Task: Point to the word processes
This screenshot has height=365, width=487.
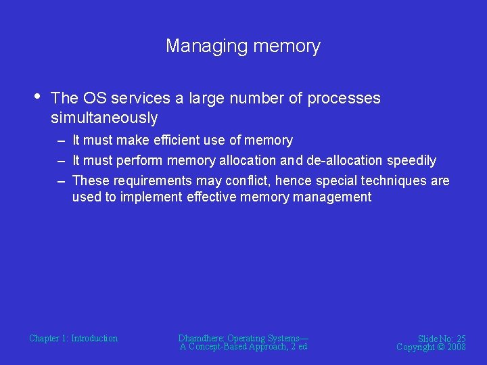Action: point(344,99)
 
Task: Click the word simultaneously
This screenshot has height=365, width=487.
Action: point(103,118)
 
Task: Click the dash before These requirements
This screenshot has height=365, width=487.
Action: point(61,181)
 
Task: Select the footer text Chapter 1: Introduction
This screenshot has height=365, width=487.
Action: point(73,339)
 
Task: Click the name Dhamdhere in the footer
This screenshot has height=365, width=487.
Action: point(202,339)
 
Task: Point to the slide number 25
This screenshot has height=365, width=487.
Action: point(460,339)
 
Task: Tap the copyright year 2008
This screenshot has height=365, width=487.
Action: point(455,347)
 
